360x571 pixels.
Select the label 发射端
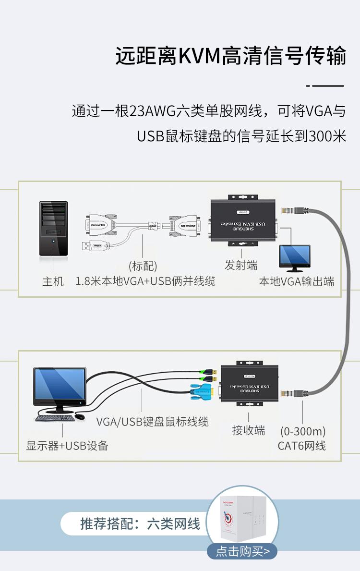pos(241,265)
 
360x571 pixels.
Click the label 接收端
pos(249,430)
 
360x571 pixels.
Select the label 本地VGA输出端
pos(297,281)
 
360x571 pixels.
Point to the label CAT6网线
pos(302,446)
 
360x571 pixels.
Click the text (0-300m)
pos(303,431)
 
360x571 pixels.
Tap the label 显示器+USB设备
pos(67,446)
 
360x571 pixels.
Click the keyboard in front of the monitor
pos(55,418)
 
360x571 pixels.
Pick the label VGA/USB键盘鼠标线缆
pos(153,422)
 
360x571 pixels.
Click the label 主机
pos(53,281)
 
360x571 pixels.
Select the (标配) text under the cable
pos(143,266)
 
